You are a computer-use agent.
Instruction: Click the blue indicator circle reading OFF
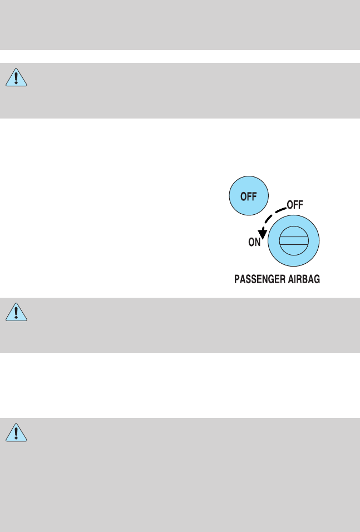click(249, 196)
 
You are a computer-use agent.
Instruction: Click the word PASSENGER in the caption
click(259, 280)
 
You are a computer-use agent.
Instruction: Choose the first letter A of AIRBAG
click(290, 280)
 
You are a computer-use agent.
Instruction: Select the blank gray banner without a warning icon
click(180, 25)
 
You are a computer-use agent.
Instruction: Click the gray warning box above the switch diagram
click(180, 90)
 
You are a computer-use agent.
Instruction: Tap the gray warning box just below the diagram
click(180, 325)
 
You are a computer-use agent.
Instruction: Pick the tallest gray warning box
click(180, 475)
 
